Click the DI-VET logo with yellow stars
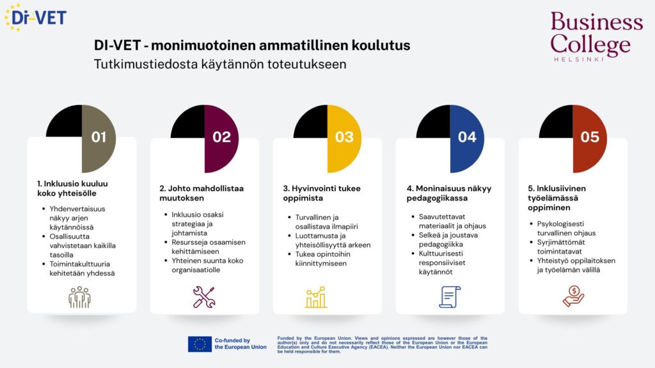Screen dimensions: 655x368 35,17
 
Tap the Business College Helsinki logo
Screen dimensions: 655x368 597,36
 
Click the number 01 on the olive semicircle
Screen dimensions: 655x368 99,137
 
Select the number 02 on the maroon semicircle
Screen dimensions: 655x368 221,137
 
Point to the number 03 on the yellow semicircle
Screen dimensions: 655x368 344,137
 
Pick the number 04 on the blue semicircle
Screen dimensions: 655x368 467,137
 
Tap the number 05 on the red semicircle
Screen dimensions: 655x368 590,137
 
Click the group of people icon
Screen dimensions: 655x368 79,297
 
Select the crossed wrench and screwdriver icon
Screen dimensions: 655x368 204,297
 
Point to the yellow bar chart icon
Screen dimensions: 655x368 316,297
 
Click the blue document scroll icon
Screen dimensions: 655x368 450,297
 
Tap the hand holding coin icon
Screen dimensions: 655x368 573,296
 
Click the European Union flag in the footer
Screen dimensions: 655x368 200,344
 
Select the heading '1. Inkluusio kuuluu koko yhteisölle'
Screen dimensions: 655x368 73,188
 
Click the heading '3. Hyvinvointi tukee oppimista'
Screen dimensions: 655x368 322,193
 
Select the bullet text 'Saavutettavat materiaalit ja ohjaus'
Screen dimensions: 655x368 452,221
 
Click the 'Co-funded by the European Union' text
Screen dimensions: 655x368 241,344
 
